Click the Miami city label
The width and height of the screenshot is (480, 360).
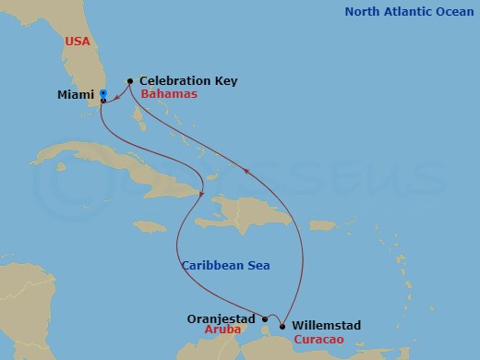coord(76,94)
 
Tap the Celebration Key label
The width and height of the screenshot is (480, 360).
coord(188,81)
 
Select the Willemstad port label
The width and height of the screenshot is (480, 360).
coord(325,326)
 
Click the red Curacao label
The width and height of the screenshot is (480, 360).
coord(319,341)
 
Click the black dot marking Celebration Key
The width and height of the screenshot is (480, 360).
coord(129,81)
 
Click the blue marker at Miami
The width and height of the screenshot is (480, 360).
coord(103,93)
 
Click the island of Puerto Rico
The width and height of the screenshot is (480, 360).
coord(321,224)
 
